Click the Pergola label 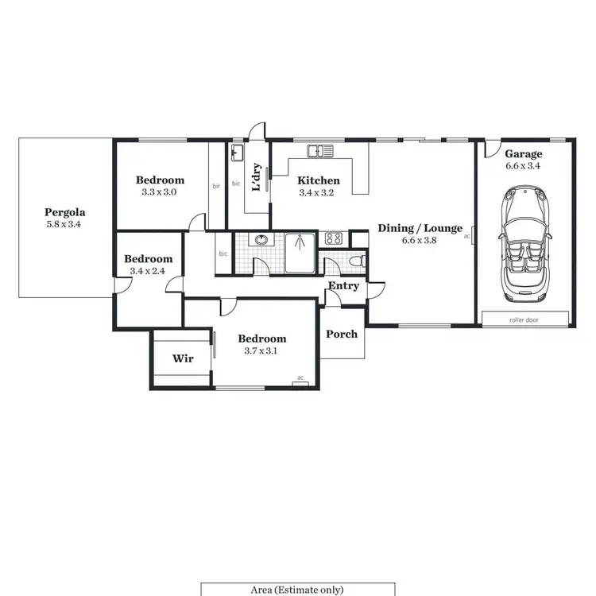coord(65,212)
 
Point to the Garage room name coord(523,154)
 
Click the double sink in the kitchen coord(322,150)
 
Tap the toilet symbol coord(357,261)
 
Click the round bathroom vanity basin coord(260,239)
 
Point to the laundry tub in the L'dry coord(238,152)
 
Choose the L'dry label coord(256,177)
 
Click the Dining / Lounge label coord(420,228)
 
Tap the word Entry coord(343,286)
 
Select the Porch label coord(342,334)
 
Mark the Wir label coord(183,358)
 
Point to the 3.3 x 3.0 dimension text coord(159,192)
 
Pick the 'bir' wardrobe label coord(216,187)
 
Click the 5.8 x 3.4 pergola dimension coord(65,225)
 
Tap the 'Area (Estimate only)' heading coord(297,590)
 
